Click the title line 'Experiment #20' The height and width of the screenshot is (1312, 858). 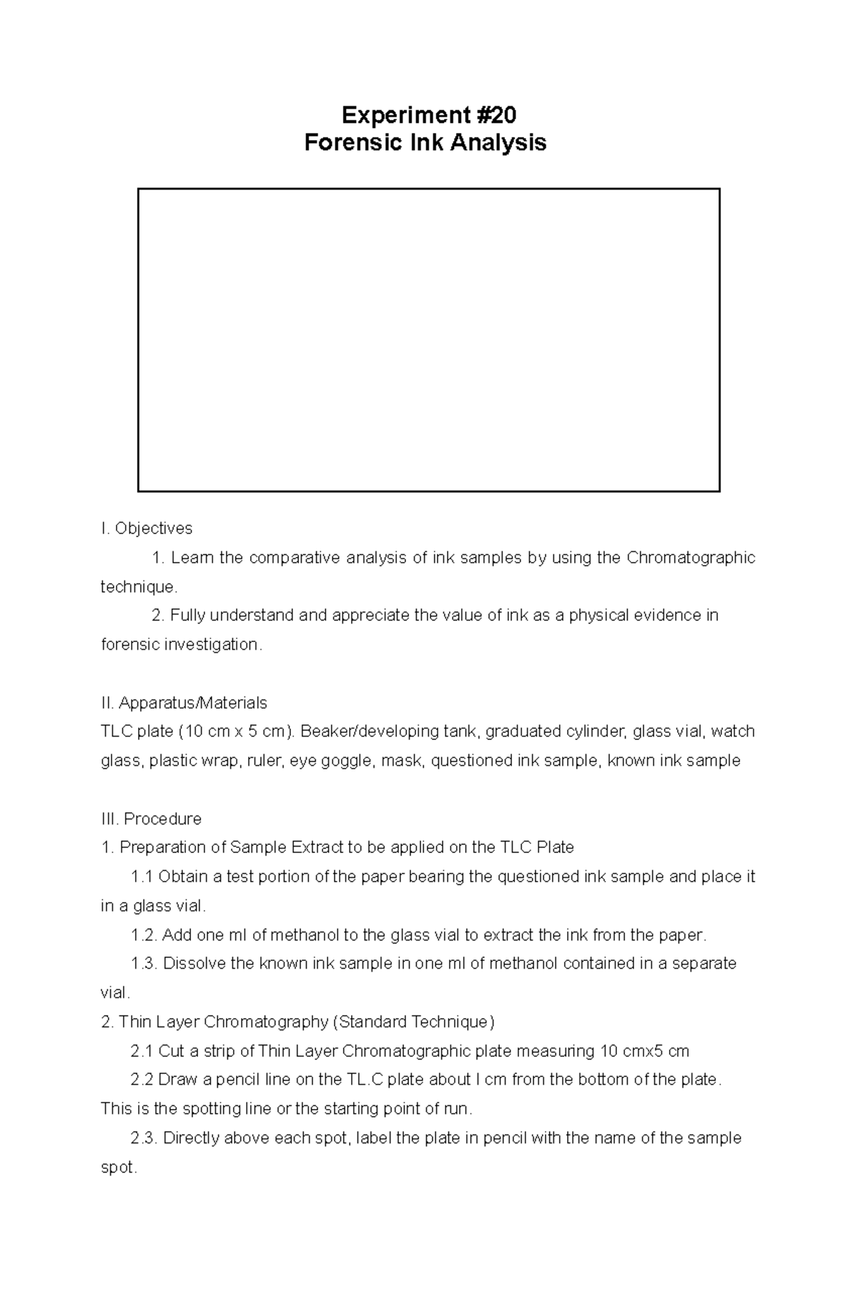point(428,114)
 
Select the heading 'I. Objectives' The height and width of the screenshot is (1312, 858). point(147,528)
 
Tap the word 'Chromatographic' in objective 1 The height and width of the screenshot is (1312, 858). point(691,558)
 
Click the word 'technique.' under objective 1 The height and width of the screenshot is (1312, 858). point(138,587)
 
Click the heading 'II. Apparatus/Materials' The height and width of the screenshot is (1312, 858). point(184,703)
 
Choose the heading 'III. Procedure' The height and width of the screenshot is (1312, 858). point(152,819)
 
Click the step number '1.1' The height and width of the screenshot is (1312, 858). point(142,877)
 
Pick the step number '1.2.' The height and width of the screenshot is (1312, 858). point(144,934)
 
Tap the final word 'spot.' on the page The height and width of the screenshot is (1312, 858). point(119,1168)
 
